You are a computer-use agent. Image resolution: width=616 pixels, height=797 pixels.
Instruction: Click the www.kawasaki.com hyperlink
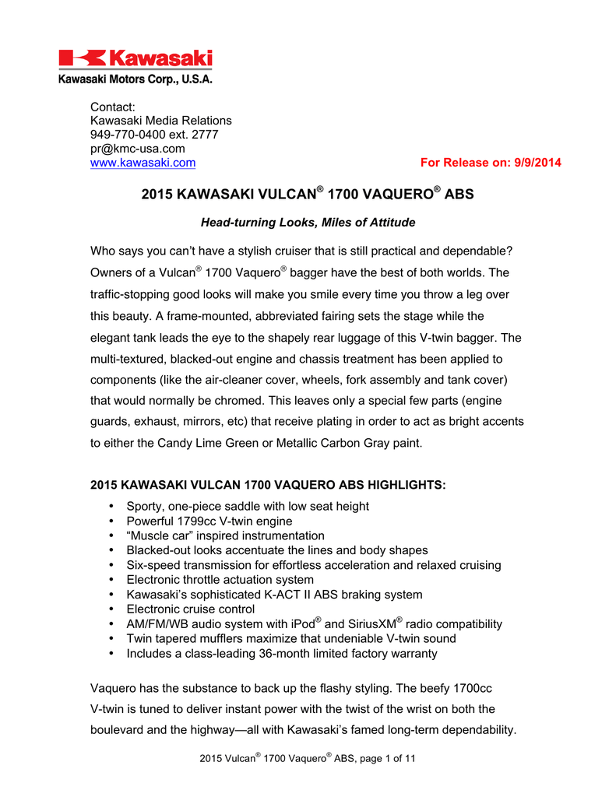pos(143,163)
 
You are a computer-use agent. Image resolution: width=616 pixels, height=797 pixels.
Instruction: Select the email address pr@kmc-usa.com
pos(138,149)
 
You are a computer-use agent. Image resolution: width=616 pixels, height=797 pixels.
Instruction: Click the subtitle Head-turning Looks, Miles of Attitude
pos(308,223)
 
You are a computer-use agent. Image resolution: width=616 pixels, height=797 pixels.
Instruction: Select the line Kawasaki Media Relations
pos(161,121)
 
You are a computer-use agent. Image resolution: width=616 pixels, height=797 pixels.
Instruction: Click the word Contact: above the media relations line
pos(113,107)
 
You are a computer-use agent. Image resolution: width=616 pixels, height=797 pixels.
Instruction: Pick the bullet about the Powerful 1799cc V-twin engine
pos(209,521)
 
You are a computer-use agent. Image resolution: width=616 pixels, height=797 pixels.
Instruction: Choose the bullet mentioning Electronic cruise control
pos(191,609)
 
